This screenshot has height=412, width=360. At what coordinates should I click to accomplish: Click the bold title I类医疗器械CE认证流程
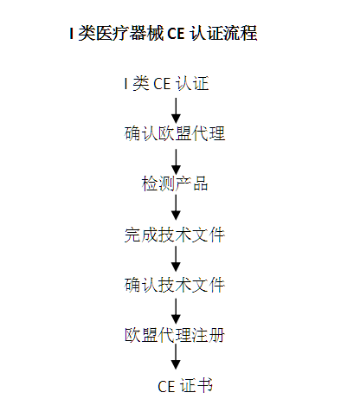(164, 33)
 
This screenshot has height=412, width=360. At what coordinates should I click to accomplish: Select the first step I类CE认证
(166, 84)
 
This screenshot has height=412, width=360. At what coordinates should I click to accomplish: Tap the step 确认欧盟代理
(175, 133)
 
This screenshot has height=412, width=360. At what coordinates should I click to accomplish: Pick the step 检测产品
(175, 183)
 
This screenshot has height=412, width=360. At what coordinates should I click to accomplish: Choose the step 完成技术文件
(175, 235)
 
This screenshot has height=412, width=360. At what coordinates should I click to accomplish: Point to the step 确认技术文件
(175, 285)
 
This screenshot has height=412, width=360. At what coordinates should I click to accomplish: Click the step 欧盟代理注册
(175, 335)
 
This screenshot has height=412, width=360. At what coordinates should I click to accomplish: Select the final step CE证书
(185, 386)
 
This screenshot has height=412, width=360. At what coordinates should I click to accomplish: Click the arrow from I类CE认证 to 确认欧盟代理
(176, 111)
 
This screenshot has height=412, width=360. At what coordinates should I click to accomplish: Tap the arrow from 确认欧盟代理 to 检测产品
(176, 162)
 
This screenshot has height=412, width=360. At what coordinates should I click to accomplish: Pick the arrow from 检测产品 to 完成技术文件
(176, 207)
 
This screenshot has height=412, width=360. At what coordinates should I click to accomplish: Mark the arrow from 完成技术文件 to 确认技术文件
(176, 259)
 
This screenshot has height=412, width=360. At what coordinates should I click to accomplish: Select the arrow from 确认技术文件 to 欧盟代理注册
(176, 311)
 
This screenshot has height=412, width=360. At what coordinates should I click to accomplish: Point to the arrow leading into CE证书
(176, 357)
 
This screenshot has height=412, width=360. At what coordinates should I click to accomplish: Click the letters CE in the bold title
(176, 33)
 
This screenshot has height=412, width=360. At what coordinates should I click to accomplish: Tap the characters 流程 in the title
(241, 33)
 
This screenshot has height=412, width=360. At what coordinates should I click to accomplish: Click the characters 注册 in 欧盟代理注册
(209, 335)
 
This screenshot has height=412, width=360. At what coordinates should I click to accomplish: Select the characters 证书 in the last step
(196, 386)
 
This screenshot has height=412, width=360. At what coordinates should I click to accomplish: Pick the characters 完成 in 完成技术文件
(141, 235)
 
